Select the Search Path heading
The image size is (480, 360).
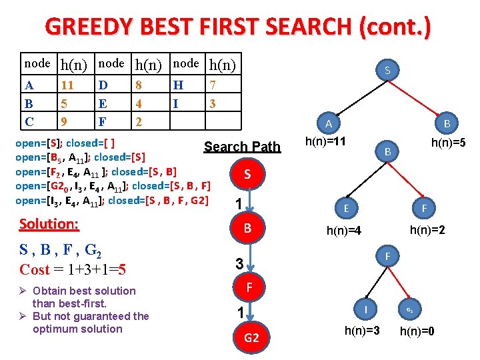click(242, 147)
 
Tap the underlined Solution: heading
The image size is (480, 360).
click(50, 225)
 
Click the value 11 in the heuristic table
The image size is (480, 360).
click(67, 85)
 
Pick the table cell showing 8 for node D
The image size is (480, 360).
click(139, 85)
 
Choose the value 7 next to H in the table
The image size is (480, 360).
click(213, 85)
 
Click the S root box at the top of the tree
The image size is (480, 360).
click(388, 70)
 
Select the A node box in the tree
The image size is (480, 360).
click(329, 123)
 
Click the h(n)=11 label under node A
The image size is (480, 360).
click(325, 141)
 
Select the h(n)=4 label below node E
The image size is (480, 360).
click(344, 231)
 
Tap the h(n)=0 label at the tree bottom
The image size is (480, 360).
click(417, 330)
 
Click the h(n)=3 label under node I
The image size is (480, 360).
click(362, 330)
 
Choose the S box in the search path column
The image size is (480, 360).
click(247, 174)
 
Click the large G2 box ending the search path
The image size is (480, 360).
click(251, 338)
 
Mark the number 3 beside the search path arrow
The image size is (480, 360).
click(238, 264)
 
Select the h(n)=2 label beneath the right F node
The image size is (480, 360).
click(428, 230)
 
